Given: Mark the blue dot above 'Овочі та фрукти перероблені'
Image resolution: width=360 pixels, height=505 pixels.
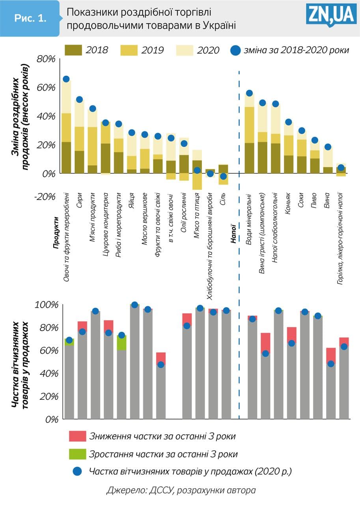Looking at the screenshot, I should point(66,79).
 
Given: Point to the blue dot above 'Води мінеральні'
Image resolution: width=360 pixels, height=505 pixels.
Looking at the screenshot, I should point(249,94).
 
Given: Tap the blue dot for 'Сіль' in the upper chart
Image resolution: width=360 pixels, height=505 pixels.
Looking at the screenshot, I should point(223,176).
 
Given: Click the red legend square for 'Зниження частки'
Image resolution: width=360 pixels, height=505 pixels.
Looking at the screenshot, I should point(75,436).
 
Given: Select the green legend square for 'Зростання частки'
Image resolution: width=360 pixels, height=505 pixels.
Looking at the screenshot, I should point(75,454).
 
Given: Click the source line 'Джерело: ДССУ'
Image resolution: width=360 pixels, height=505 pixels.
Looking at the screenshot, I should point(181,490).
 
